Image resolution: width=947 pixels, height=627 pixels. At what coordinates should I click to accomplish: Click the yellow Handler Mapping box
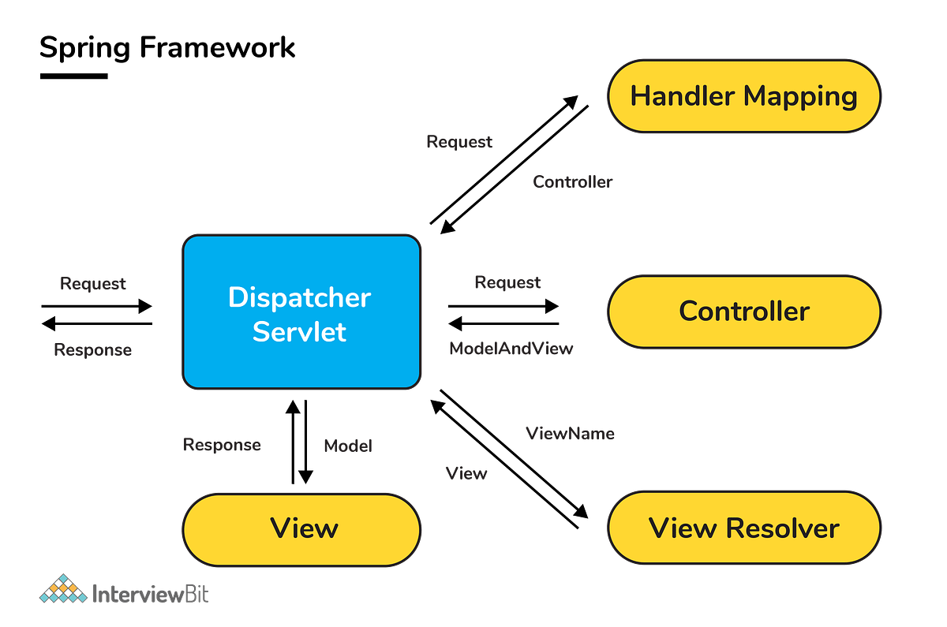(743, 97)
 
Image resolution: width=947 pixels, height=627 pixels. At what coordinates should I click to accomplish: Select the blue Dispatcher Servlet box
(301, 312)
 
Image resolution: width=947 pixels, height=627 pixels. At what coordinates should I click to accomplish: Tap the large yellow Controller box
(743, 311)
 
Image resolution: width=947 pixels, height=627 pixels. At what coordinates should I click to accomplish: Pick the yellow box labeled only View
(301, 528)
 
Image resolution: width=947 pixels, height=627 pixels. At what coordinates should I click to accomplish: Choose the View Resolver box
(743, 528)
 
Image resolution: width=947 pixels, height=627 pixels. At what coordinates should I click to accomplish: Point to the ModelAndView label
(511, 348)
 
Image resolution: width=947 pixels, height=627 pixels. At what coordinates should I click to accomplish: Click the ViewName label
(569, 433)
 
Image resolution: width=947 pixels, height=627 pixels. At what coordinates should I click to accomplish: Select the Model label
(347, 446)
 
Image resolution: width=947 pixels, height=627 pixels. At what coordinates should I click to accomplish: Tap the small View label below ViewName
(466, 473)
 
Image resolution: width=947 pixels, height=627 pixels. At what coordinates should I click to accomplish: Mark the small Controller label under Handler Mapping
(572, 182)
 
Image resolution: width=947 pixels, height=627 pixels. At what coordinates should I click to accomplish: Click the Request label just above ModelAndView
(507, 282)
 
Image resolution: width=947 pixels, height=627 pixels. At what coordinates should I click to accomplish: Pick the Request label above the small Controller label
(459, 142)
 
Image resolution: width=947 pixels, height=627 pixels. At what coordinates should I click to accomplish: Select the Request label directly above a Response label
(93, 283)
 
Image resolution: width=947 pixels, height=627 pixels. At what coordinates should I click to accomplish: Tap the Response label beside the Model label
(222, 445)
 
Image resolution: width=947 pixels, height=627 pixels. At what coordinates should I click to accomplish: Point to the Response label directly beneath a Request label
(93, 349)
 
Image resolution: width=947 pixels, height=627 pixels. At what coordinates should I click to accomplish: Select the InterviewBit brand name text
(150, 593)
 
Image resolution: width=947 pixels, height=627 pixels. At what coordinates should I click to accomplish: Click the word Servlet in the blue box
(299, 331)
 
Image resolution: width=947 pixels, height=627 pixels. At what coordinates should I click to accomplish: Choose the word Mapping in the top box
(800, 97)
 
